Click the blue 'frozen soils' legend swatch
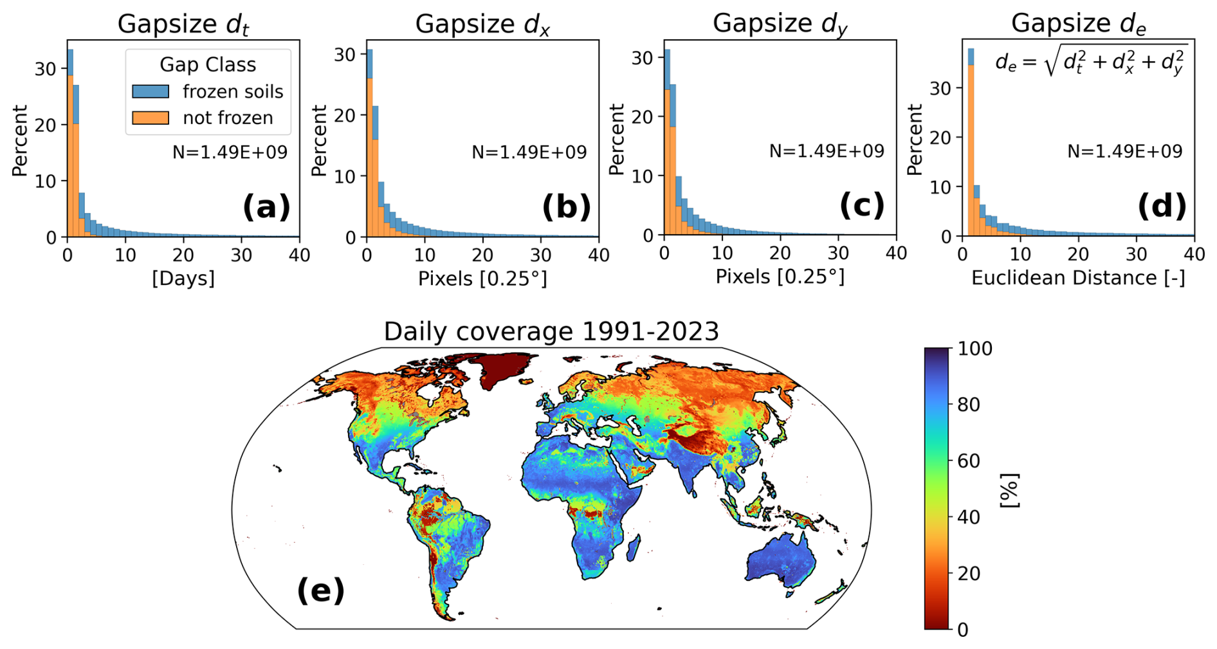(151, 91)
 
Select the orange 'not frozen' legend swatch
(151, 118)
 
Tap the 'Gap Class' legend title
(208, 64)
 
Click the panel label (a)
(266, 207)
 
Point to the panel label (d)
(1162, 206)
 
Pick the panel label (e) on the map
(320, 590)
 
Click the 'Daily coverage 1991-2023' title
(551, 331)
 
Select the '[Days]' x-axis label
(183, 279)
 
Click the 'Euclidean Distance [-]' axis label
(1078, 278)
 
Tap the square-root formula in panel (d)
(1091, 62)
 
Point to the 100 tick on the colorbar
(975, 349)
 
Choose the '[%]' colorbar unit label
(1010, 490)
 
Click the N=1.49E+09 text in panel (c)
(827, 151)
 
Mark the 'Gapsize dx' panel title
(482, 24)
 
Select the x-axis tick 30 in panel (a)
(241, 255)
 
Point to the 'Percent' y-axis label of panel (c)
(617, 140)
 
